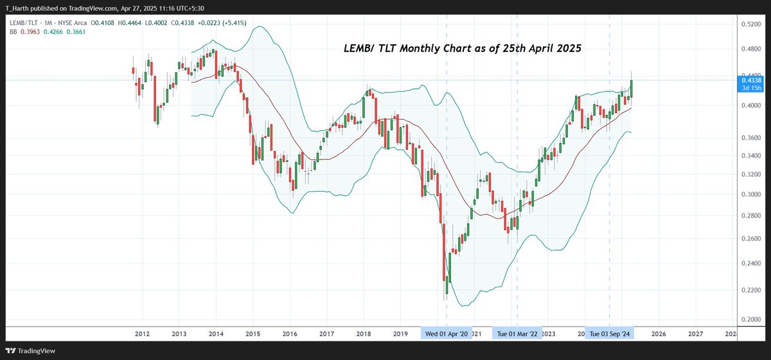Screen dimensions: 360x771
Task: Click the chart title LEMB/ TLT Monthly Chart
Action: pyautogui.click(x=461, y=49)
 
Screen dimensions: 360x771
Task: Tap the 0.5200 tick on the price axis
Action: pyautogui.click(x=751, y=24)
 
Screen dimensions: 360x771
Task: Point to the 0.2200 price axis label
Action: pyautogui.click(x=751, y=291)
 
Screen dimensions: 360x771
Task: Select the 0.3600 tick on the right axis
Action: pyautogui.click(x=751, y=138)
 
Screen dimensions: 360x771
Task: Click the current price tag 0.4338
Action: pyautogui.click(x=751, y=80)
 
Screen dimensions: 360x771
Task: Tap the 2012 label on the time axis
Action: pyautogui.click(x=142, y=334)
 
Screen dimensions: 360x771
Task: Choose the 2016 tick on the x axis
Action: pyautogui.click(x=290, y=334)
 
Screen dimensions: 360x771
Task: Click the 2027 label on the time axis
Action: pyautogui.click(x=695, y=334)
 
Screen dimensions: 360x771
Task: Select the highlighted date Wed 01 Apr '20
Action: pyautogui.click(x=447, y=334)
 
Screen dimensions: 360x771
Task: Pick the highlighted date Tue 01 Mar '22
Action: pyautogui.click(x=518, y=334)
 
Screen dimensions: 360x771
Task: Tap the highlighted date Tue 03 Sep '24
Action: pyautogui.click(x=609, y=334)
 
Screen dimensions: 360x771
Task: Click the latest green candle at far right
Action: pyautogui.click(x=632, y=89)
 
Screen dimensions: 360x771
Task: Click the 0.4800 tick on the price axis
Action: pyautogui.click(x=751, y=49)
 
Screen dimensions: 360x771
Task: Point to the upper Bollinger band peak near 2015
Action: pyautogui.click(x=259, y=26)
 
